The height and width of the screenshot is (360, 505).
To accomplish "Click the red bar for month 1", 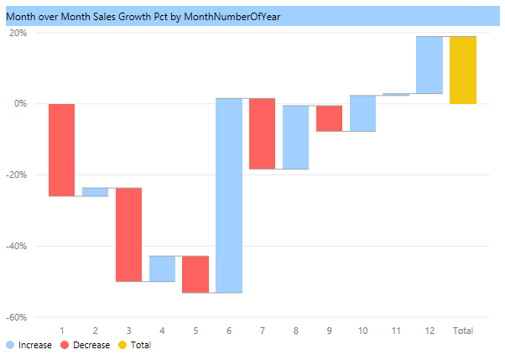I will (x=62, y=149).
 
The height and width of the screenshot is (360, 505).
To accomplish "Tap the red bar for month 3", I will (x=128, y=234).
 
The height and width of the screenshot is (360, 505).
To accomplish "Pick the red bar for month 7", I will (x=262, y=133).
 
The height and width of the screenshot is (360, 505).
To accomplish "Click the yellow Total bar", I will (x=462, y=70).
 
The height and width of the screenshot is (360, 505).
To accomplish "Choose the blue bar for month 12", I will (x=430, y=65).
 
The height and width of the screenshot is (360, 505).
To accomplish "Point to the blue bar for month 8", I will (x=295, y=137).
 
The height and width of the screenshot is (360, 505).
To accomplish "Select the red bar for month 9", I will (x=329, y=118).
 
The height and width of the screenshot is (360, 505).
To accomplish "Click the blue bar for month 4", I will (x=162, y=269).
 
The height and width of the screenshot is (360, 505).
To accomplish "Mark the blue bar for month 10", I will (x=362, y=113).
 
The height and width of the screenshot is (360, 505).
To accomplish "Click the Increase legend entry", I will (x=29, y=345).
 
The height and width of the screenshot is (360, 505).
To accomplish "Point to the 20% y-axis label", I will (x=18, y=34).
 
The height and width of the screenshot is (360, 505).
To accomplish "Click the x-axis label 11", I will (x=396, y=331).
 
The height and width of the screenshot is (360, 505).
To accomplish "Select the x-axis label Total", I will (x=462, y=331).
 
